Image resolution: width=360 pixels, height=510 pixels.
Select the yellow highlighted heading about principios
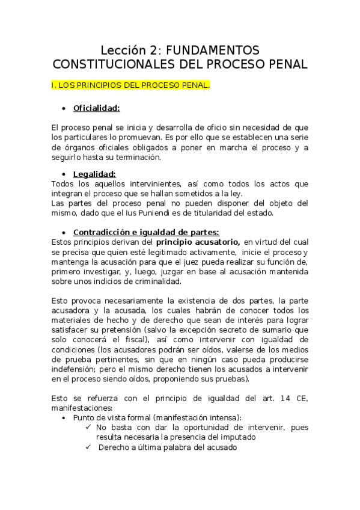pos(131,85)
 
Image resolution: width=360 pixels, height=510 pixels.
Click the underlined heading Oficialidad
pos(96,108)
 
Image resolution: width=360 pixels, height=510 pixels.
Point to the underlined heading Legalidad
pos(94,174)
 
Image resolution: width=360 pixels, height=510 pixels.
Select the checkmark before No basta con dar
pos(88,426)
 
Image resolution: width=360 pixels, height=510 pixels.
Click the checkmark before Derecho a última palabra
pos(88,447)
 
